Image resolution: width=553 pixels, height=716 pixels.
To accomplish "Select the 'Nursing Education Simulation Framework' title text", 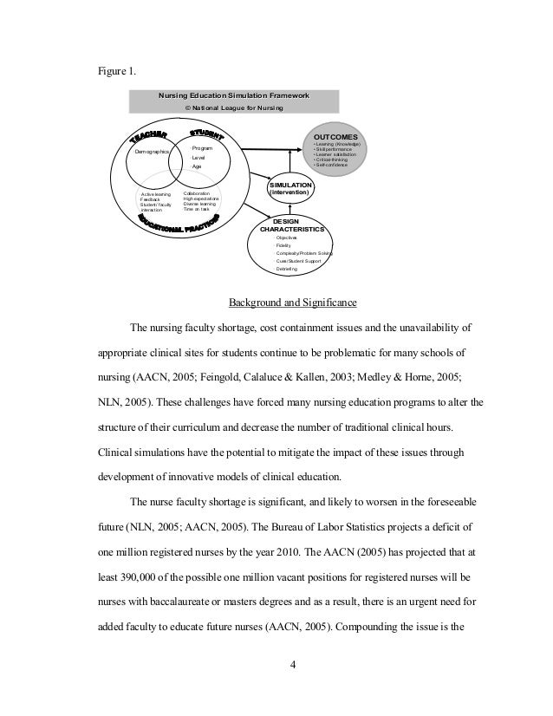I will [x=232, y=94].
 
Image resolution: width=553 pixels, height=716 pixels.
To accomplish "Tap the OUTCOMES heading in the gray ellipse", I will [x=341, y=136].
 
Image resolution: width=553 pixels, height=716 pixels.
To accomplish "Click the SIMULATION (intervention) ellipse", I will [x=291, y=188].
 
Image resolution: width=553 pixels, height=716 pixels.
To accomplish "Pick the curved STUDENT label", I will [x=205, y=133].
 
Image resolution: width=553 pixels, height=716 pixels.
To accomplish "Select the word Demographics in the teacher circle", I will [x=152, y=152].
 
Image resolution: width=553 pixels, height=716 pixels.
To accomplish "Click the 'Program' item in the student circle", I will [x=200, y=149].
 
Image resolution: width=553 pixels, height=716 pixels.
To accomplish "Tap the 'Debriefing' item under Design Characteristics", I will [x=287, y=270].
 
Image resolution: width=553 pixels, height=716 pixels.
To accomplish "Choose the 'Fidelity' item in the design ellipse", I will [x=284, y=245].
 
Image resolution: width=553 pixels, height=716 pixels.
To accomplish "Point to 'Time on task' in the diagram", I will [x=197, y=210].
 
